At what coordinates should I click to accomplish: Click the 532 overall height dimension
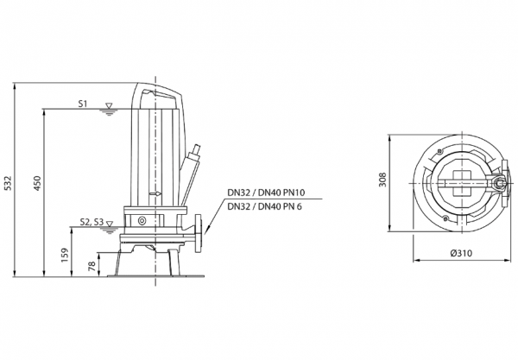(x=8, y=183)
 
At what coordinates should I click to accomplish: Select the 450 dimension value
(x=37, y=183)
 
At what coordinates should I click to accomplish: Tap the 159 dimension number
(x=65, y=256)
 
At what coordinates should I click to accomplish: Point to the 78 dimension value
(x=92, y=266)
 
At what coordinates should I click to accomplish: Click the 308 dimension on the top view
(x=382, y=180)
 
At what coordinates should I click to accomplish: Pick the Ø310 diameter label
(x=461, y=253)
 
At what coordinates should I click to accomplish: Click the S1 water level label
(x=83, y=104)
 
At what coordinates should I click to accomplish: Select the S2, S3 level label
(x=92, y=222)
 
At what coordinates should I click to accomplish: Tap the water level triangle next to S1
(x=108, y=105)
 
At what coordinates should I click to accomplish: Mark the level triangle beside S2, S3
(x=110, y=224)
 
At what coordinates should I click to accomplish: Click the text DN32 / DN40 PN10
(x=266, y=193)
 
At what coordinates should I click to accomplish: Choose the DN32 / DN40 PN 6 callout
(x=265, y=206)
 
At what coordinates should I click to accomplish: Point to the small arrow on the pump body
(x=155, y=194)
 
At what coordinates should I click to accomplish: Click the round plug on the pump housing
(x=142, y=220)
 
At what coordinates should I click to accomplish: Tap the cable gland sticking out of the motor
(x=194, y=155)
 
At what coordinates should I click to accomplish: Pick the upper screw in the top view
(x=439, y=151)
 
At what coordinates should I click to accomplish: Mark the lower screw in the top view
(x=445, y=218)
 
